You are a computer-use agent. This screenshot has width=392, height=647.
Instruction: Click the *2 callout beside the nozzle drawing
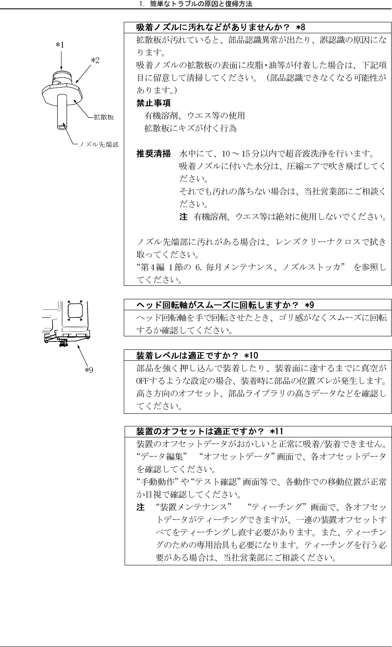[x=96, y=60]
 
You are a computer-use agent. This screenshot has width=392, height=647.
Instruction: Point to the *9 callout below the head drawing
[x=89, y=370]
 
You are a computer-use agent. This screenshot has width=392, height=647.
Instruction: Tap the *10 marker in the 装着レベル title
[x=254, y=355]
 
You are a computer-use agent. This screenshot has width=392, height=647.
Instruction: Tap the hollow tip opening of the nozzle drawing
[x=63, y=125]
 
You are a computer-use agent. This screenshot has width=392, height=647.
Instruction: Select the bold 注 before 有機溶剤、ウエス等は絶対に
[x=183, y=217]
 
